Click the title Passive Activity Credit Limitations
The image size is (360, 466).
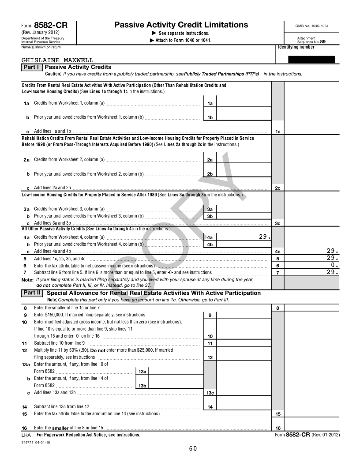pos(181,25)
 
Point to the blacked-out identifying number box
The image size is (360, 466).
pos(311,60)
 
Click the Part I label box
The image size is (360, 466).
pos(32,67)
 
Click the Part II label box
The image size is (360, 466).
pos(32,293)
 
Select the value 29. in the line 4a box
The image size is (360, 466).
pos(264,237)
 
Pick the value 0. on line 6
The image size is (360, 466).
pos(334,266)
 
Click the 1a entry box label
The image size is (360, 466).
pos(210,103)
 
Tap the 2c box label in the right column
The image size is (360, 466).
pos(277,188)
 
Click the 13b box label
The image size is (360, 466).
pos(142,386)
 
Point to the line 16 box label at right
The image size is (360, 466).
pos(277,428)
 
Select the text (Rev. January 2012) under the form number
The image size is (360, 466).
pos(41,33)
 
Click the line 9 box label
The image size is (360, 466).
pos(210,315)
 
